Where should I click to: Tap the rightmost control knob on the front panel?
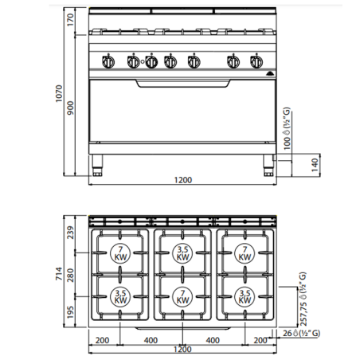click(x=256, y=61)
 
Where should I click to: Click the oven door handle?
click(x=182, y=82)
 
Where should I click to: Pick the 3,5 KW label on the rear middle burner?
click(x=182, y=254)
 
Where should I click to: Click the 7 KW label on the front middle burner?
click(x=182, y=298)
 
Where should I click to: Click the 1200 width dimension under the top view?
click(x=182, y=350)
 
